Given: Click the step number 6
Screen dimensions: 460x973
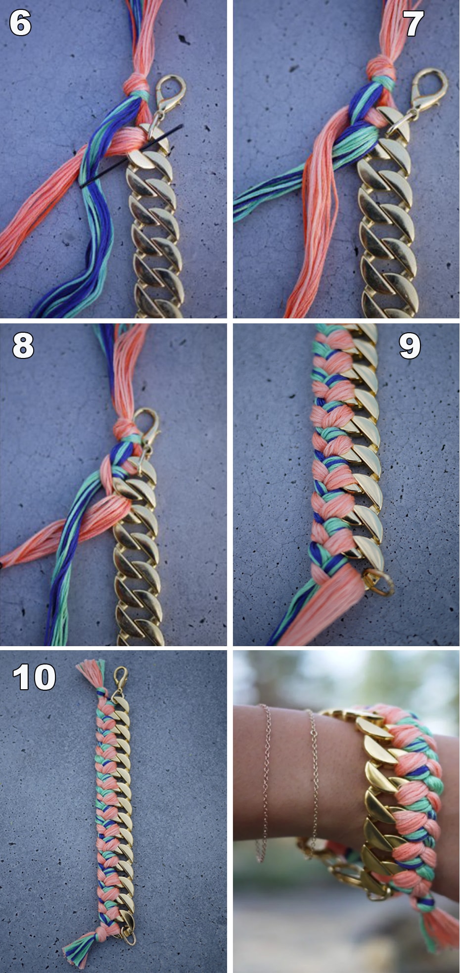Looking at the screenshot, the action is [20, 23].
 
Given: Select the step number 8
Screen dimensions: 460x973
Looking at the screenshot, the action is [23, 345].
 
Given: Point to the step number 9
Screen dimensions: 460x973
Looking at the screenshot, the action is [410, 346].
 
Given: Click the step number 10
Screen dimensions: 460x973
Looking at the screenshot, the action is [34, 677].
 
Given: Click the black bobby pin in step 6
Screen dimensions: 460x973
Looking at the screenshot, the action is [131, 156].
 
